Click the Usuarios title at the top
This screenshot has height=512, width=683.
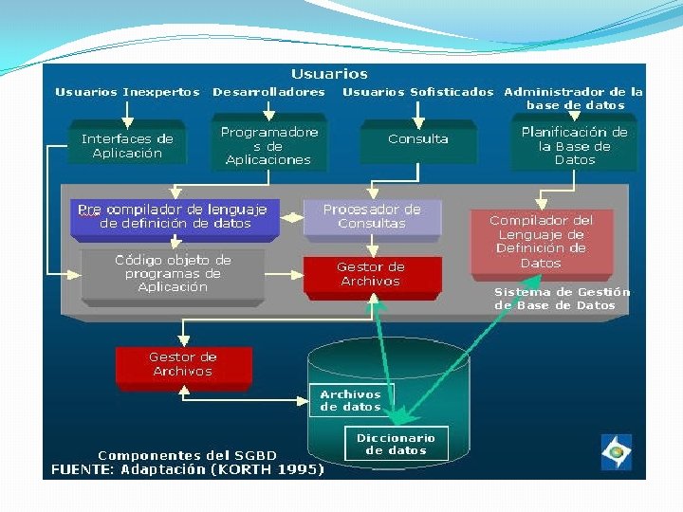(x=329, y=74)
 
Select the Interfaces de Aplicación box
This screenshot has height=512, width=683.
(x=127, y=142)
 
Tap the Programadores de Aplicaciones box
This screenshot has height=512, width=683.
(x=268, y=142)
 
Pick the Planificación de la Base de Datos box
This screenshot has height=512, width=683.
(x=574, y=142)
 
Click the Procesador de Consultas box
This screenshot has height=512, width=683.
(x=373, y=220)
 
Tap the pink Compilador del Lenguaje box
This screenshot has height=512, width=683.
(x=542, y=245)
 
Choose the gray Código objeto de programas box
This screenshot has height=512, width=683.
(x=173, y=277)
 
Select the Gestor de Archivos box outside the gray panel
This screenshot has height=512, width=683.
(x=184, y=368)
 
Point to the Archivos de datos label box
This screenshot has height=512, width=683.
(x=351, y=400)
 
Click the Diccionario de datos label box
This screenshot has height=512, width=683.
(x=396, y=444)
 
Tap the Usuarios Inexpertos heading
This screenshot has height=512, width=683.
(x=128, y=92)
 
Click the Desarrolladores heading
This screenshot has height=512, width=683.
(x=268, y=92)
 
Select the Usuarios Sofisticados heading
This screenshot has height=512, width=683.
(x=418, y=92)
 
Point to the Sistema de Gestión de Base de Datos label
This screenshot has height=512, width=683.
(x=562, y=299)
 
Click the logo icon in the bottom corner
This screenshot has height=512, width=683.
(x=617, y=452)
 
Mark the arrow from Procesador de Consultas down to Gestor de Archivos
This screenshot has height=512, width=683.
(x=373, y=246)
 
